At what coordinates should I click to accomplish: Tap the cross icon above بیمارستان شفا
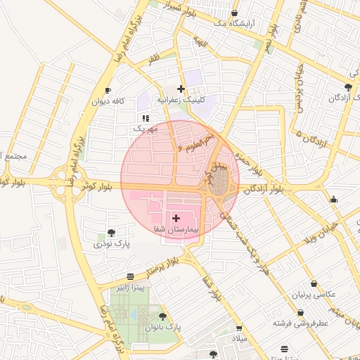coord(175,219)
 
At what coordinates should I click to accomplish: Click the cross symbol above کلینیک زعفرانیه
coord(181,89)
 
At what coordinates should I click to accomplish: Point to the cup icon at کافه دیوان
coord(108,90)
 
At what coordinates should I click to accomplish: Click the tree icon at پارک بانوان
coord(163,316)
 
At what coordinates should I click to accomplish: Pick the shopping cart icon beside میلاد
coord(239,328)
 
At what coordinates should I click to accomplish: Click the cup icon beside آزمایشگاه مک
coord(234,13)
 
